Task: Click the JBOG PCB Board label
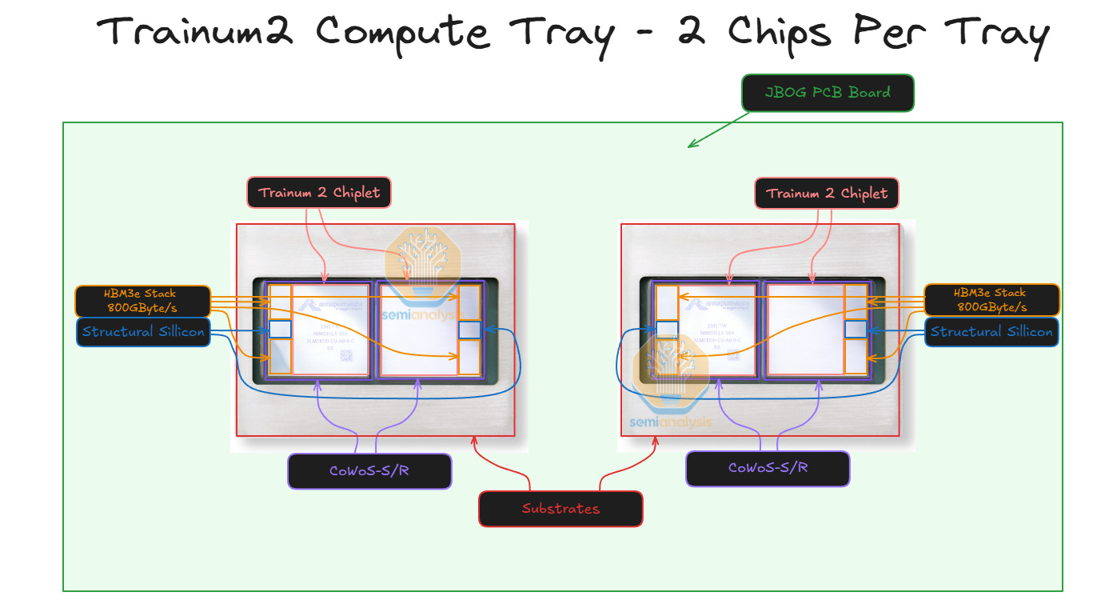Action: [x=828, y=93]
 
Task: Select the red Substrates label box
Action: [x=560, y=509]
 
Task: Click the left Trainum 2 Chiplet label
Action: [x=319, y=193]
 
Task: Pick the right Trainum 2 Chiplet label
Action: [x=827, y=193]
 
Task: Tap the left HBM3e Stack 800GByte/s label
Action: [x=142, y=300]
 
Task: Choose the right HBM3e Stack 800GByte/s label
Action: [x=991, y=300]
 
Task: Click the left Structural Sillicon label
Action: [x=143, y=332]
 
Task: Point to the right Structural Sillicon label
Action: [x=991, y=332]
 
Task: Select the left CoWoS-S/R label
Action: [x=369, y=470]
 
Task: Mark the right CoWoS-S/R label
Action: [x=768, y=468]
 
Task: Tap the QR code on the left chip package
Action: [x=346, y=356]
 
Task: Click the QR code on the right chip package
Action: [x=734, y=356]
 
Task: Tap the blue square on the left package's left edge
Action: [x=280, y=329]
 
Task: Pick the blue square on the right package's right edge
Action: [x=856, y=329]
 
